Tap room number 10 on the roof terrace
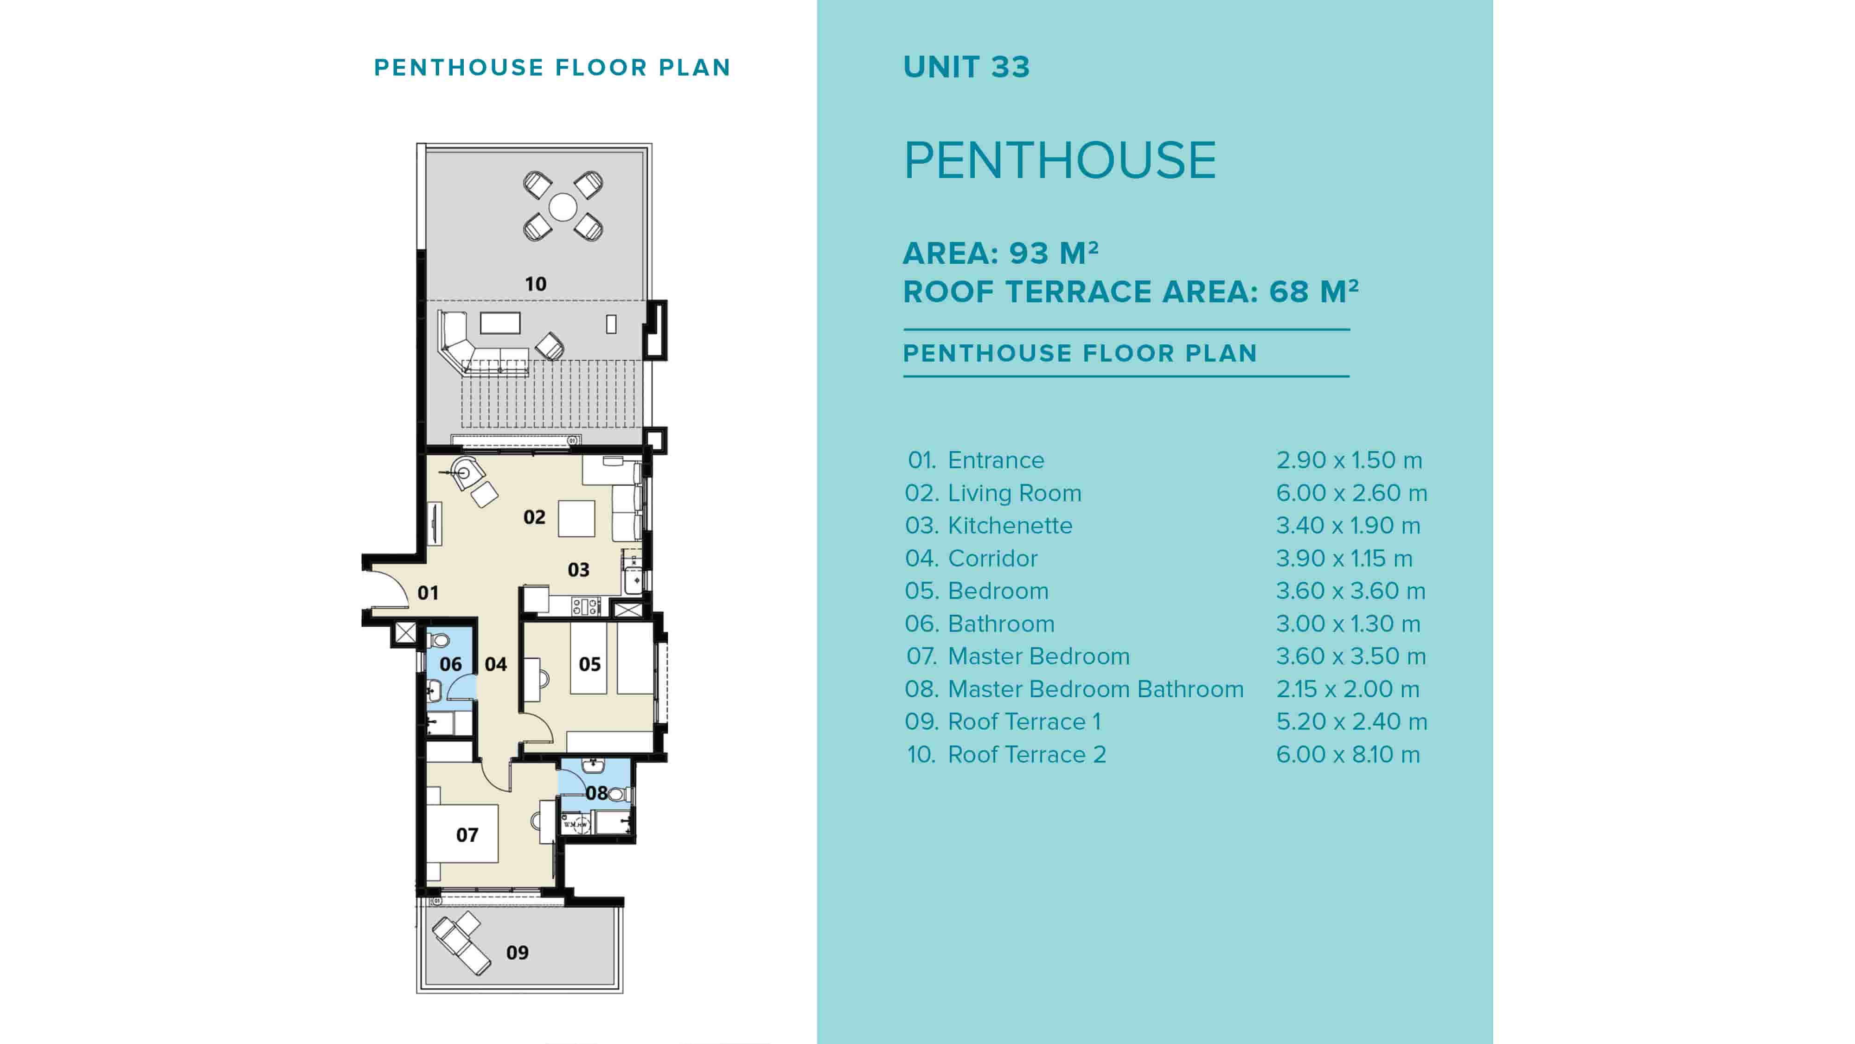(x=535, y=284)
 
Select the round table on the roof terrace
(x=563, y=207)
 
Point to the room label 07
(x=467, y=834)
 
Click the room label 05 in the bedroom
(x=589, y=664)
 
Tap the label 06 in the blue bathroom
(x=450, y=664)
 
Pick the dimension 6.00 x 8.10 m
(x=1347, y=754)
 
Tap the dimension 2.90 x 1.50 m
(x=1349, y=460)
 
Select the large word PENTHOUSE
(x=1059, y=160)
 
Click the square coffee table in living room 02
(x=576, y=518)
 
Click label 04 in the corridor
(x=495, y=664)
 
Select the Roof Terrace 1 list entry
(x=1023, y=721)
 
